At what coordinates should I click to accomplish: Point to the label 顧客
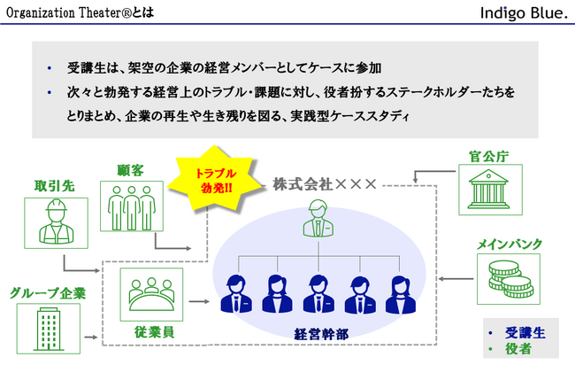coord(130,168)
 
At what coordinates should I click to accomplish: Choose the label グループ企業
coord(48,292)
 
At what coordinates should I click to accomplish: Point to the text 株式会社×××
coord(324,184)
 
